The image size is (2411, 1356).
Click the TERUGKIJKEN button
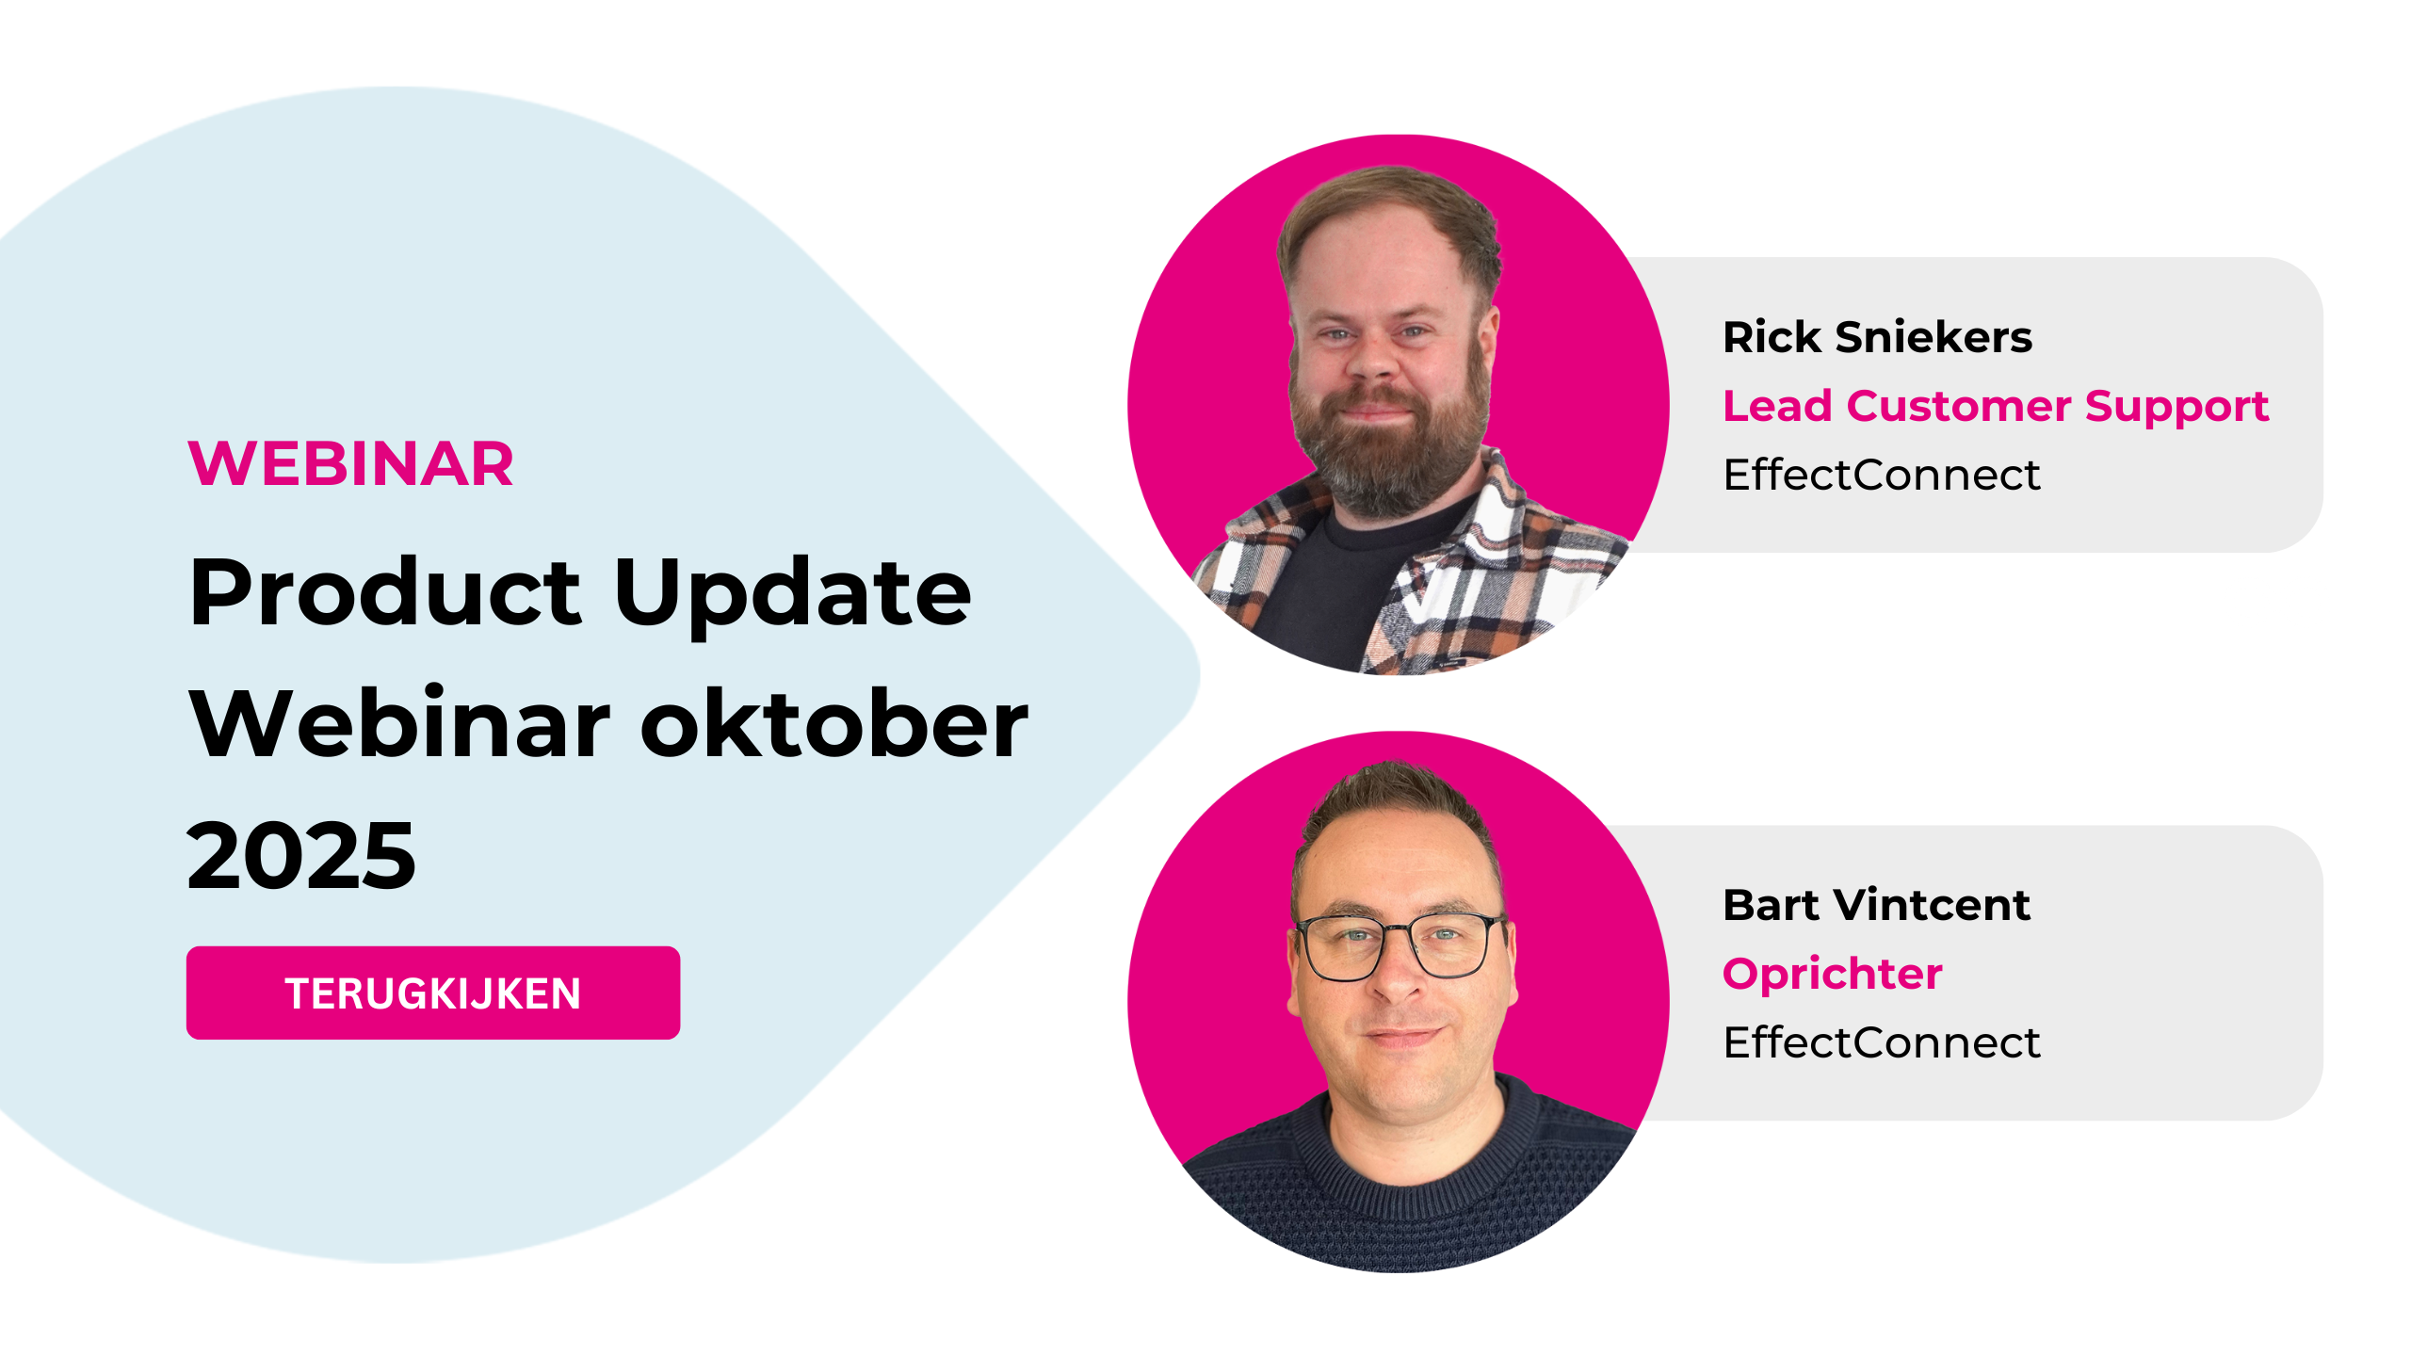pyautogui.click(x=433, y=993)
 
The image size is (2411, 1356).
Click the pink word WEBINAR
pyautogui.click(x=351, y=463)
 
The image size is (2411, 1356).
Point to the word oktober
pyautogui.click(x=834, y=722)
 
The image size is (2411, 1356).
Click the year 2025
pyautogui.click(x=301, y=855)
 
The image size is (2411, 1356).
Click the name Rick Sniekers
pyautogui.click(x=1877, y=336)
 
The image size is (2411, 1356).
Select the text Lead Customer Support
pyautogui.click(x=1996, y=407)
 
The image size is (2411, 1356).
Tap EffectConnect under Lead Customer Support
pyautogui.click(x=1882, y=474)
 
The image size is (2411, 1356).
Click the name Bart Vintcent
pyautogui.click(x=1876, y=904)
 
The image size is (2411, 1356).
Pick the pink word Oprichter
pyautogui.click(x=1832, y=975)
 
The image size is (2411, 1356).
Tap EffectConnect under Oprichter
pyautogui.click(x=1882, y=1042)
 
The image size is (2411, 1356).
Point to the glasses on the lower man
pyautogui.click(x=1401, y=944)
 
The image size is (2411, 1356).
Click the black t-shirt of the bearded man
pyautogui.click(x=1337, y=584)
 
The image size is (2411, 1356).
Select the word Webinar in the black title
pyautogui.click(x=400, y=722)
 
